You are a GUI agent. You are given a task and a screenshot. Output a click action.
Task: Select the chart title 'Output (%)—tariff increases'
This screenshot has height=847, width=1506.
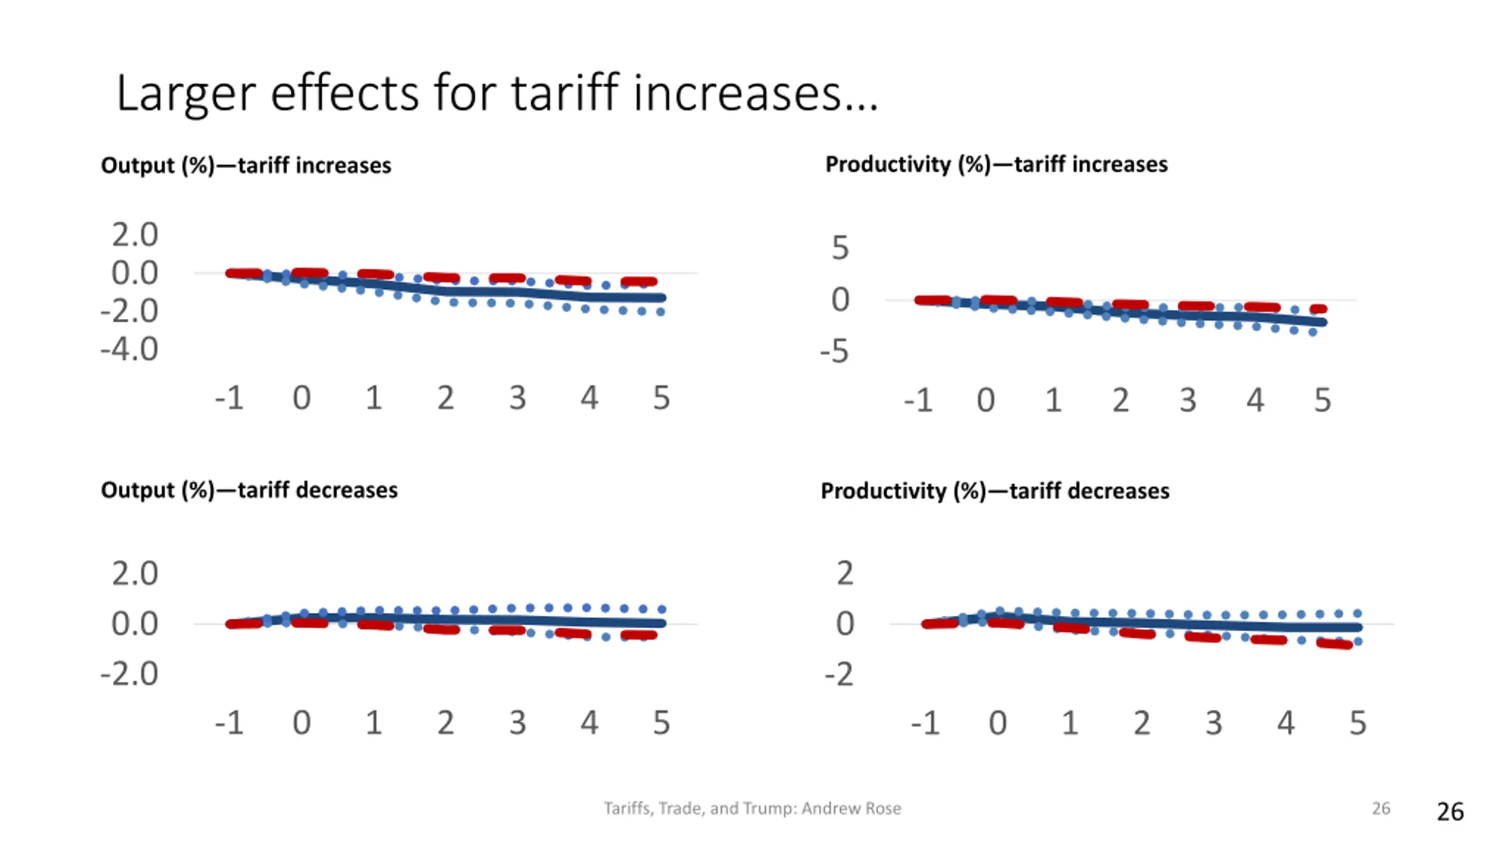point(246,165)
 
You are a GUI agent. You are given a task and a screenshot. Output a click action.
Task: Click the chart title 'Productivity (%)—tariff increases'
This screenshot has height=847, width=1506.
point(996,164)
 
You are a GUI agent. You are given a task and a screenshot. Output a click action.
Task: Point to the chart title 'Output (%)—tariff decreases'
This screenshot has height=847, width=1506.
point(249,490)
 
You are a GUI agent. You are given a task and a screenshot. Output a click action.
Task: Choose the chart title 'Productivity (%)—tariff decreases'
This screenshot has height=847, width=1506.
point(995,491)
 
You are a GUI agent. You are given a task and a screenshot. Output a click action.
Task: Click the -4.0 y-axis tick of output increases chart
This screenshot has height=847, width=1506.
point(129,349)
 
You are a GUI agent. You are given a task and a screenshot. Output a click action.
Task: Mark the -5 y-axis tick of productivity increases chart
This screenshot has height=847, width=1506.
point(835,351)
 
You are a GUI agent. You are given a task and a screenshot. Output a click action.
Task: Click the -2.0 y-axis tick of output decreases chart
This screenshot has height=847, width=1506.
point(129,673)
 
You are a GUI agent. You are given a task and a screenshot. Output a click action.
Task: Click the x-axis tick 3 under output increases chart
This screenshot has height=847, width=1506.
point(517,398)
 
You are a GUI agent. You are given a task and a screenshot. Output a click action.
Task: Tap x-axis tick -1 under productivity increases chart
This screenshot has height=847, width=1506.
point(918,401)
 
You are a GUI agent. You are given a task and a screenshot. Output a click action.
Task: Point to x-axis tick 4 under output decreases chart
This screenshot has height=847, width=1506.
point(589,722)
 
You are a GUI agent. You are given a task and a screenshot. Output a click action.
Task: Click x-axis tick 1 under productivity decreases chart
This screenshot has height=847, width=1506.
point(1069,722)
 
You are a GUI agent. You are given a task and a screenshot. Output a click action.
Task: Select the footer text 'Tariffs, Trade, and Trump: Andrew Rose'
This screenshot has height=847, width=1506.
point(752,808)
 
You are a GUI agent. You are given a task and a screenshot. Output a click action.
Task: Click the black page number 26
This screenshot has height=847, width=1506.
point(1450,812)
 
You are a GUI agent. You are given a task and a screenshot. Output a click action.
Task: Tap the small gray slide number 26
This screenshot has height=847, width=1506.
point(1381,808)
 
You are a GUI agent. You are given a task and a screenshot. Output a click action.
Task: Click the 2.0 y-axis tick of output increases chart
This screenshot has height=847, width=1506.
point(135,235)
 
